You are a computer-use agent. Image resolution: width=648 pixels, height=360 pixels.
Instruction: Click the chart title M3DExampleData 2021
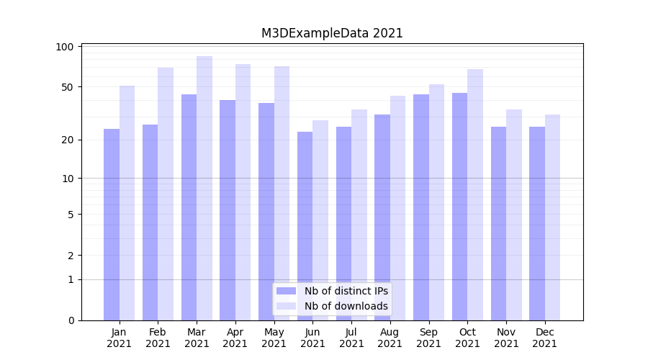tap(332, 33)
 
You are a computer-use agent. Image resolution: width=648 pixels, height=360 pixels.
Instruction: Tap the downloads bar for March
tap(204, 188)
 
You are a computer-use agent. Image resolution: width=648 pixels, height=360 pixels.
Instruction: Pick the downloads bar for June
tap(320, 220)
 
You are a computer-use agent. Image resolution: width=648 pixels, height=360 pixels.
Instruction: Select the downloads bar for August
tap(397, 208)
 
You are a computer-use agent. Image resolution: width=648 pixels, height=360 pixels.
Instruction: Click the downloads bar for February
tap(166, 194)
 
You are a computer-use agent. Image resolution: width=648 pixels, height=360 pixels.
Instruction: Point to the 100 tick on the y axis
tap(66, 47)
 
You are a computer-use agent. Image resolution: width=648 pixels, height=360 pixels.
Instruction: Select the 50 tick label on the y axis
tap(68, 87)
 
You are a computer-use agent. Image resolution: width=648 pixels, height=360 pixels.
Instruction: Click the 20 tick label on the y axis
tap(68, 140)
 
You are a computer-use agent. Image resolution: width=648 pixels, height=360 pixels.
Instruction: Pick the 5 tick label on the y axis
tap(71, 215)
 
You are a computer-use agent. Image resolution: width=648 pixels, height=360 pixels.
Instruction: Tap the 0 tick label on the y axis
tap(71, 320)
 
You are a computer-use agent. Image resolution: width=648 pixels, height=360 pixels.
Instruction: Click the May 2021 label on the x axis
tap(274, 338)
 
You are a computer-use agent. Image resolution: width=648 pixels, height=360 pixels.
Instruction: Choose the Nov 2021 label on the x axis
tap(506, 338)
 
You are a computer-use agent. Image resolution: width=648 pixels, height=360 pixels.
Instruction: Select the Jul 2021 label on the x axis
tap(351, 338)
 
